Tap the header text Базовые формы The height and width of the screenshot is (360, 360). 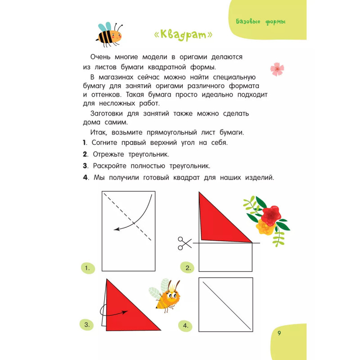261,22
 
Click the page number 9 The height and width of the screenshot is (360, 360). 279,333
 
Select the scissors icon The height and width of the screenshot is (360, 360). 184,243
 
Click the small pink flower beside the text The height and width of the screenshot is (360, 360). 277,69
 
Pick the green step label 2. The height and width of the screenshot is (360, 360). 187,269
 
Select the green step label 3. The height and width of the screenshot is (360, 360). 86,324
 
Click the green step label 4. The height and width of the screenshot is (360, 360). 184,325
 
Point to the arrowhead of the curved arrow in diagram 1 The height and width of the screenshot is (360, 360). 117,229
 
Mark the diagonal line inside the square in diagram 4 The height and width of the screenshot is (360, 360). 226,305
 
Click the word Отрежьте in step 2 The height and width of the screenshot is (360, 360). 111,154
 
